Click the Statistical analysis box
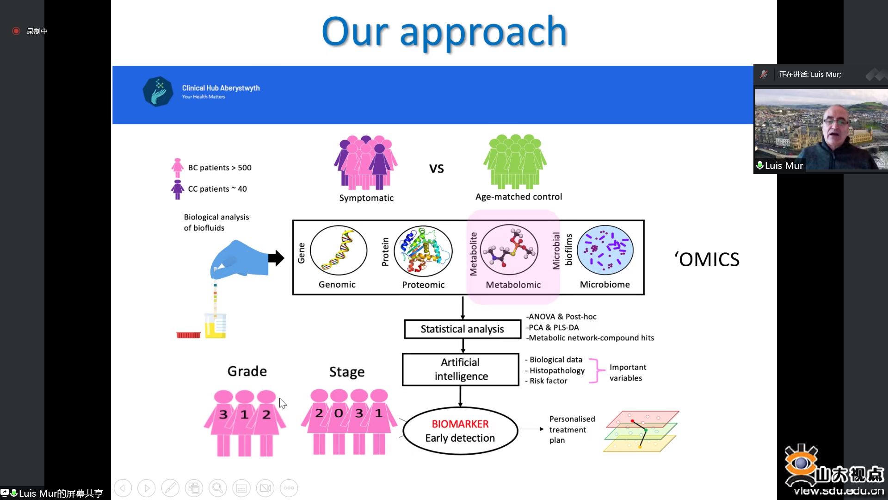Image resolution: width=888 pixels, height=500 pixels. coord(462,329)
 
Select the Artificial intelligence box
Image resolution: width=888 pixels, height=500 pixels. coord(461,369)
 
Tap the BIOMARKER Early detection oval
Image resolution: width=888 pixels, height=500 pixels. coord(460,431)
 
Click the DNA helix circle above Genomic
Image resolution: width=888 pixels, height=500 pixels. coord(339,250)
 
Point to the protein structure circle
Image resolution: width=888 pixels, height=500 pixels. coord(423,251)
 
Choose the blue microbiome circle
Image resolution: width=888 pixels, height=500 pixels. coord(605,250)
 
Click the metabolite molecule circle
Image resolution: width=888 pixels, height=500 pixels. coord(509,250)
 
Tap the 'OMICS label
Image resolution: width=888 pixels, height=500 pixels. coord(707,259)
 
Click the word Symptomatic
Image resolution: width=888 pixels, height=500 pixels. coord(366,198)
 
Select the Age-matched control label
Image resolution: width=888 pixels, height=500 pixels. coord(519,197)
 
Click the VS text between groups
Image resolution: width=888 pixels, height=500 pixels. coord(437,169)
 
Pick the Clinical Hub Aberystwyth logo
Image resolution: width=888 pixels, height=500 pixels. coord(158,92)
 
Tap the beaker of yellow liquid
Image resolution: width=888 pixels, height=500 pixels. coord(216,325)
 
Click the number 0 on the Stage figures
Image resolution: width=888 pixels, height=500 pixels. coord(339,413)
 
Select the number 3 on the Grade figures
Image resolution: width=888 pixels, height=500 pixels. coord(223,414)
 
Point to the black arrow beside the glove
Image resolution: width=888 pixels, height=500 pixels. coord(276,258)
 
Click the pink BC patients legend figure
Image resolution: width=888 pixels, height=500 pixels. coord(178,168)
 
